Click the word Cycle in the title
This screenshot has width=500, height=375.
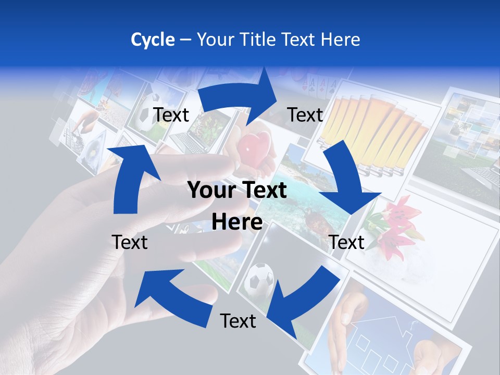pos(153,40)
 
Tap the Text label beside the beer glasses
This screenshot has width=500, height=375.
pos(305,115)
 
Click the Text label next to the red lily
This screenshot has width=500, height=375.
pos(347,242)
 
